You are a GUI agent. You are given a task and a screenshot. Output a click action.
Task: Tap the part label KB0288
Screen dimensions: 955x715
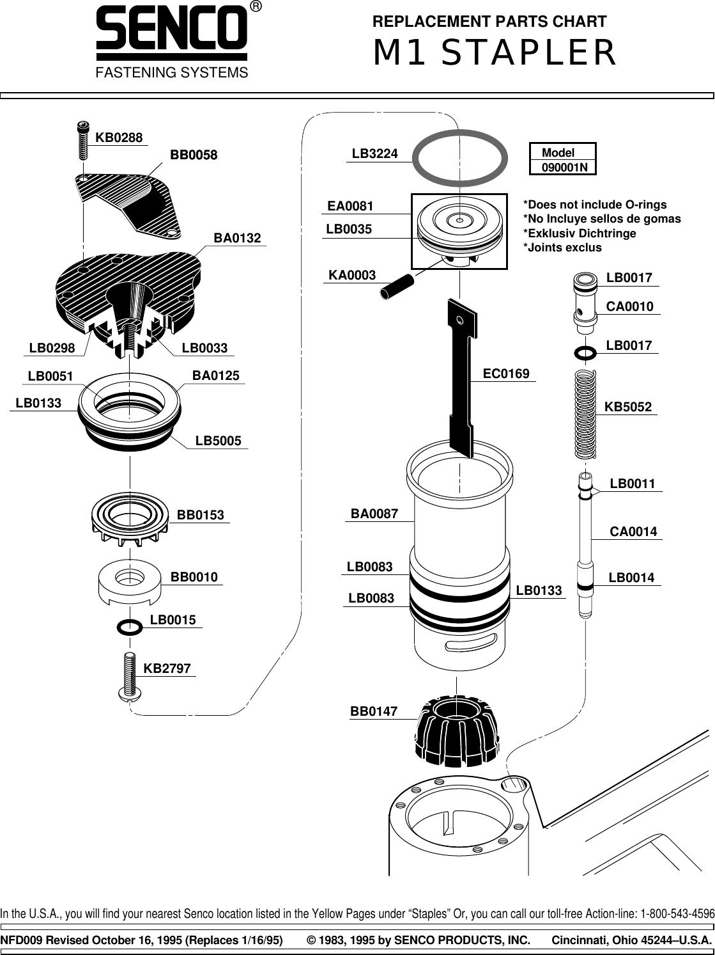click(x=119, y=137)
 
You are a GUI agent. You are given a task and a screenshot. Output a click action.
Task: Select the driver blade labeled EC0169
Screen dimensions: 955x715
click(x=461, y=377)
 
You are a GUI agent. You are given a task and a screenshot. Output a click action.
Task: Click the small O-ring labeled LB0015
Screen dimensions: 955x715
click(x=128, y=626)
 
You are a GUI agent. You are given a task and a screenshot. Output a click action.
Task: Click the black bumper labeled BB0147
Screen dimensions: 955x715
click(x=456, y=730)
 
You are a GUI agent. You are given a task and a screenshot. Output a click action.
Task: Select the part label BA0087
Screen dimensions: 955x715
click(x=374, y=514)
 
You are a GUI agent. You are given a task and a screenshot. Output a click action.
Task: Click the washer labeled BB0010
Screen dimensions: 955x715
click(x=129, y=581)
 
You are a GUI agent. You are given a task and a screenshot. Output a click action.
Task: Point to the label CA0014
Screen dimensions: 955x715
click(x=633, y=532)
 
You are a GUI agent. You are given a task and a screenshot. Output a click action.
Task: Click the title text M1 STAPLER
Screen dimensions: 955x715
click(x=495, y=53)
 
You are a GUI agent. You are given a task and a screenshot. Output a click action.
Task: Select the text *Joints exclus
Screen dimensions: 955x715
click(x=562, y=247)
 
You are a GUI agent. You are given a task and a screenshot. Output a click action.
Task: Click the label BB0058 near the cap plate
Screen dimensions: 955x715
click(x=194, y=155)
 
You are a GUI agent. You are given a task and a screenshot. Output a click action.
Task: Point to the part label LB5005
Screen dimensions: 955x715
click(x=218, y=441)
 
